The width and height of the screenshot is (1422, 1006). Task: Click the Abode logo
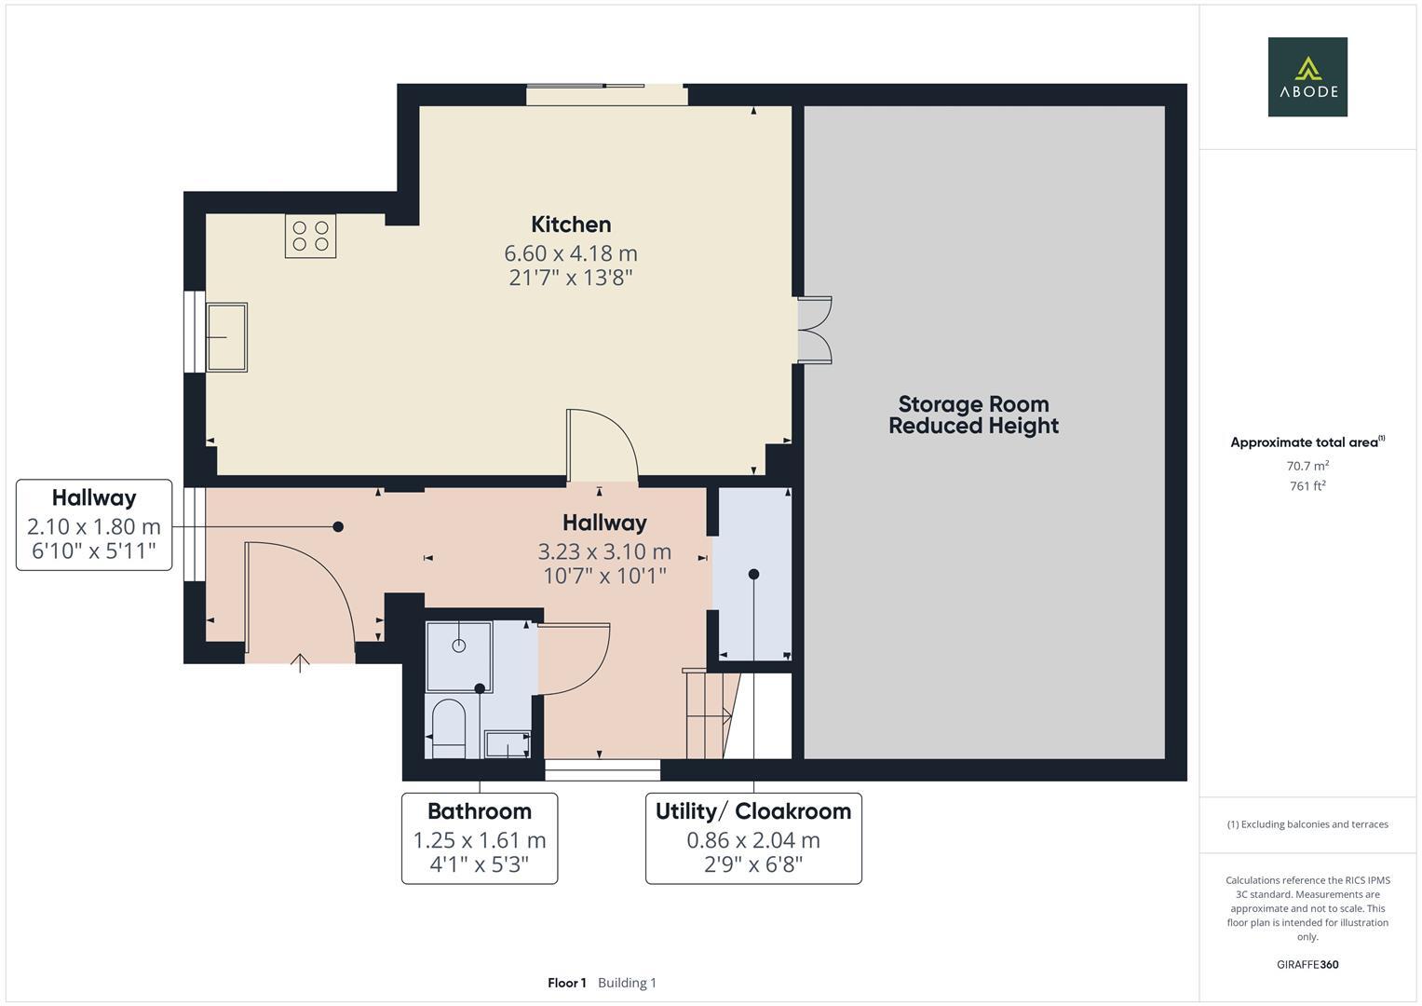(1307, 76)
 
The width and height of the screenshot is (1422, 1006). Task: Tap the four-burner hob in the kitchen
(310, 236)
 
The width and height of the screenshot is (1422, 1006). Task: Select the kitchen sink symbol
(226, 337)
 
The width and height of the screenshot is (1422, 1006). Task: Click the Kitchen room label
(571, 224)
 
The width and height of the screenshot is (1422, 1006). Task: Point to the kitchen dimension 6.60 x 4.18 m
(571, 253)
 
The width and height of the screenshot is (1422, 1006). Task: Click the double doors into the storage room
(814, 330)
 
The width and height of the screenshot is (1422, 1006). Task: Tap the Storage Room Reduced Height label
(973, 415)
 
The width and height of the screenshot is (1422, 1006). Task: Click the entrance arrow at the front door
(300, 662)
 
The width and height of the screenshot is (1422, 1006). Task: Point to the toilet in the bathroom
(449, 727)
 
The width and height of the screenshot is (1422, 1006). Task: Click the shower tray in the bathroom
(459, 657)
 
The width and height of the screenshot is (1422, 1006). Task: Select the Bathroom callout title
(480, 811)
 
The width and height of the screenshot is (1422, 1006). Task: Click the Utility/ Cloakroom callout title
(753, 811)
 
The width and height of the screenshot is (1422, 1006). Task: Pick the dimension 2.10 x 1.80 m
(94, 527)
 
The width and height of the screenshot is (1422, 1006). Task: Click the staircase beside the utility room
(711, 714)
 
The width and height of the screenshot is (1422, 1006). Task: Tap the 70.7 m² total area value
(1307, 466)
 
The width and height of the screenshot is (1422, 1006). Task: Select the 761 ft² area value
(1307, 486)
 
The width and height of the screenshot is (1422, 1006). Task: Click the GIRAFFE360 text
(1307, 965)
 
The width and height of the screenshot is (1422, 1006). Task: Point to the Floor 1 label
(566, 983)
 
